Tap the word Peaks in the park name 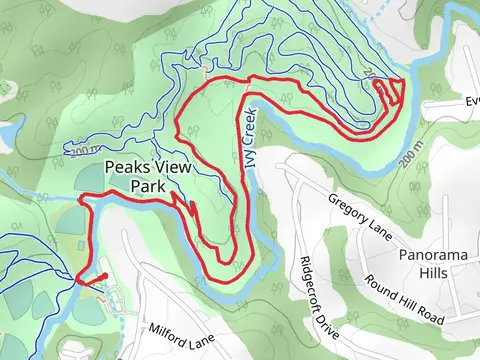[x=123, y=168]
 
